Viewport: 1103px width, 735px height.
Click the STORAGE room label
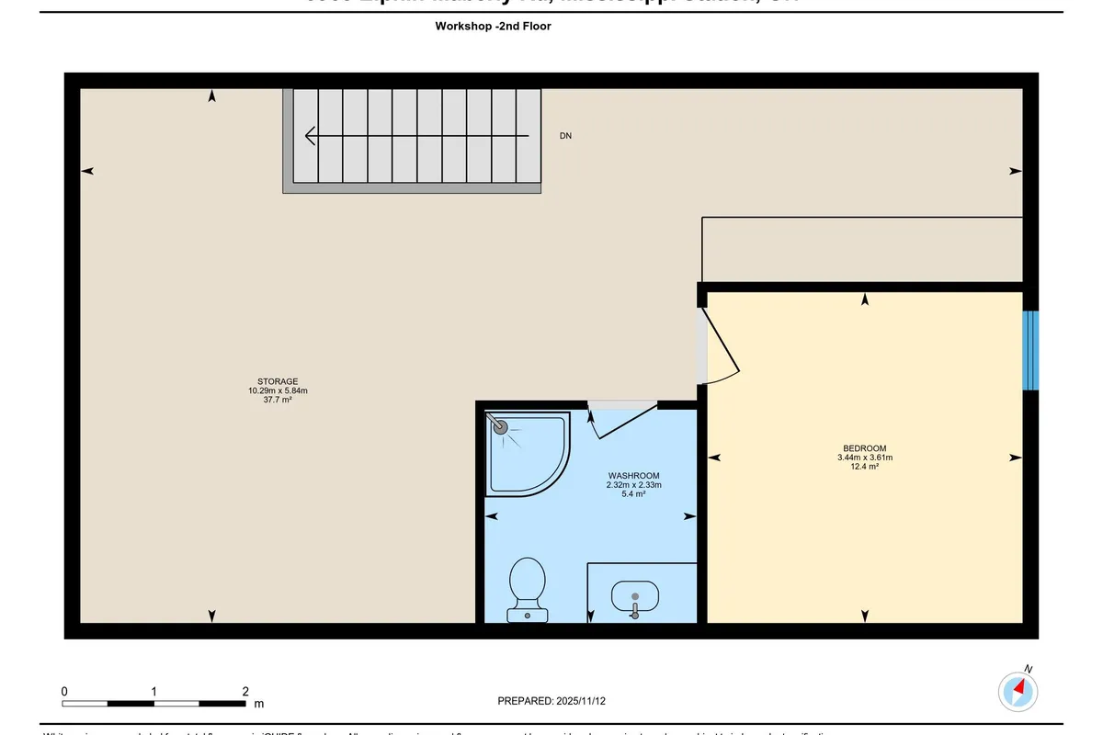pos(277,381)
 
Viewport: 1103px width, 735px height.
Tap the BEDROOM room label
pos(864,448)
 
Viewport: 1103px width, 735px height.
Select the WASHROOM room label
pos(634,476)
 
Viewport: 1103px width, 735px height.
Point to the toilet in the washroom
pos(528,588)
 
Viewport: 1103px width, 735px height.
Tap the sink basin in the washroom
pos(634,595)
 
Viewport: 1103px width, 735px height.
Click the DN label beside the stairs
pos(565,136)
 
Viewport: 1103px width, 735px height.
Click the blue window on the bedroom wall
pos(1030,350)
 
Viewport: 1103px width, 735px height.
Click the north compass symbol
pos(1018,689)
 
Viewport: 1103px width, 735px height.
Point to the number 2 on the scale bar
pos(244,691)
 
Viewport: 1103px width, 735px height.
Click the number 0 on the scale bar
pos(64,691)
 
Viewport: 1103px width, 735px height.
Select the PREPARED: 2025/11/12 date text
pos(551,701)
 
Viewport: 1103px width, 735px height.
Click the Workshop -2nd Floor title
pos(493,27)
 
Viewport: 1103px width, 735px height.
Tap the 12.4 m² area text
pos(864,467)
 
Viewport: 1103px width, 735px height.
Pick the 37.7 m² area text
pos(277,400)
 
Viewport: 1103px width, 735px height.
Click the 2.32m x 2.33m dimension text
pos(634,485)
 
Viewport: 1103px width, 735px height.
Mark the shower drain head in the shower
pos(501,426)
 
